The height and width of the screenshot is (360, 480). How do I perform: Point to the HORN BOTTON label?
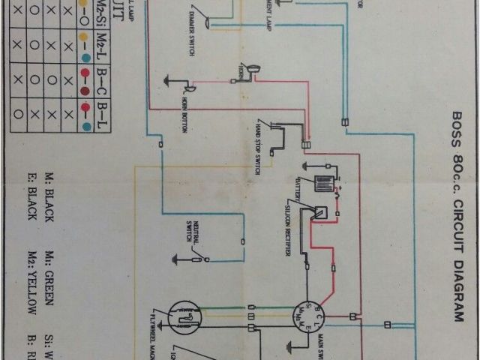(x=183, y=115)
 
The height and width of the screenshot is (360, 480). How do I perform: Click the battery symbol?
(x=323, y=184)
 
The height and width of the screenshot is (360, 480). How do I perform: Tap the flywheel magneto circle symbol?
(x=184, y=319)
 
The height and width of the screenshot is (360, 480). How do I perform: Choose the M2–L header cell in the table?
(x=103, y=46)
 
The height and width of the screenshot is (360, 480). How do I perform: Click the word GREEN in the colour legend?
(x=49, y=291)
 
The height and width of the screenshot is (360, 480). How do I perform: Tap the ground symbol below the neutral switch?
(x=178, y=260)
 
